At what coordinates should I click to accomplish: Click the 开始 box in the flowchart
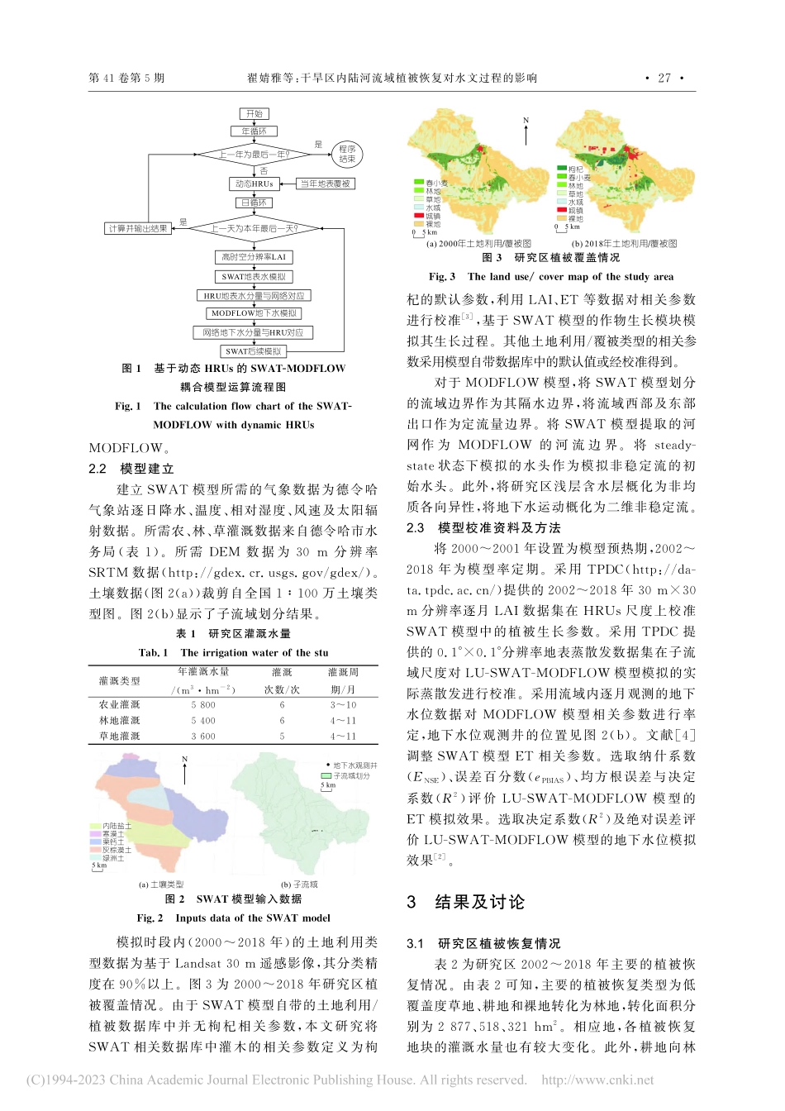tap(254, 113)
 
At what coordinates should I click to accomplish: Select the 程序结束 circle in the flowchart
tap(347, 155)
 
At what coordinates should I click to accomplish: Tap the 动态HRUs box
tap(254, 184)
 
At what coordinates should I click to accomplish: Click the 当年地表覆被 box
tap(325, 184)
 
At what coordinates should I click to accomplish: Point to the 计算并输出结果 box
tap(138, 228)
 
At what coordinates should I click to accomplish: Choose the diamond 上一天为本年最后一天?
tap(254, 228)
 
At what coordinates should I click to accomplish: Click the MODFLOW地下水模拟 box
tap(254, 313)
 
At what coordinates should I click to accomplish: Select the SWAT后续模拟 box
tap(254, 351)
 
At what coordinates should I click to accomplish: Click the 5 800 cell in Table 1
tap(203, 705)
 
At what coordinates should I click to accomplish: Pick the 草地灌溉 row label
tap(120, 736)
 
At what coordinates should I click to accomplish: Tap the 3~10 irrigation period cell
tap(343, 705)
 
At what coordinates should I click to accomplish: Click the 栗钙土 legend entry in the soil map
tap(112, 842)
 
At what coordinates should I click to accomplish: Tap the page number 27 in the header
tap(664, 78)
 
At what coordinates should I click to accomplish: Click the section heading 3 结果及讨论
tap(466, 902)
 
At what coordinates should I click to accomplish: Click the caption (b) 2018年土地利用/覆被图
tap(625, 244)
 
